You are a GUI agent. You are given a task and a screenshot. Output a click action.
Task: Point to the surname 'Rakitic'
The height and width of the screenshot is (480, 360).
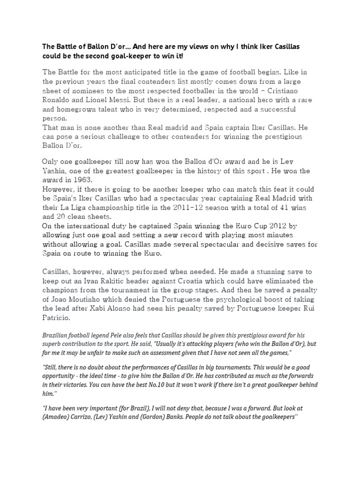coord(119,281)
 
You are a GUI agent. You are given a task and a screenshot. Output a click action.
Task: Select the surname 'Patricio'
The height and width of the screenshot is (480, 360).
coord(58,317)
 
